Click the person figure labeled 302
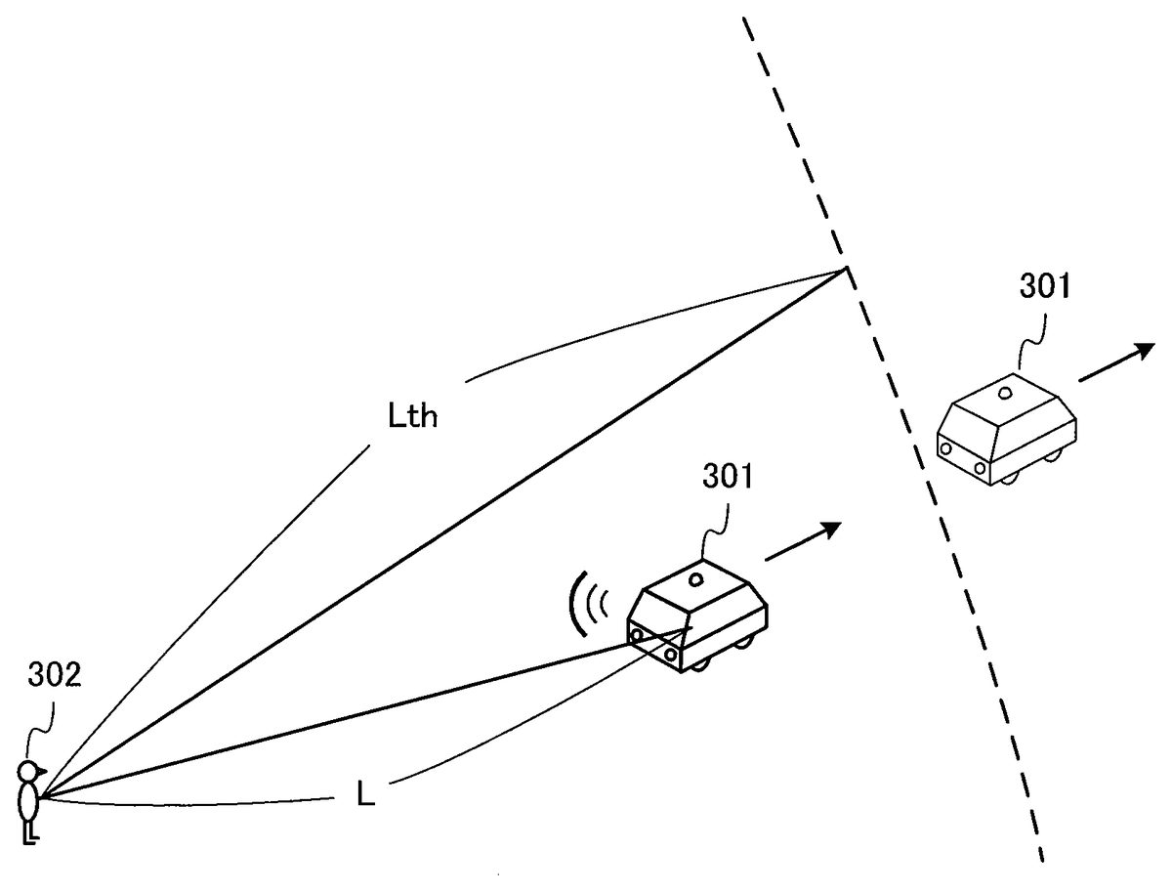pos(29,800)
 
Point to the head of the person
pos(30,772)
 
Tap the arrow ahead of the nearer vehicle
pos(803,542)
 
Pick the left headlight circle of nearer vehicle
pos(637,637)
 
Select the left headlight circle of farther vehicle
pos(945,448)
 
